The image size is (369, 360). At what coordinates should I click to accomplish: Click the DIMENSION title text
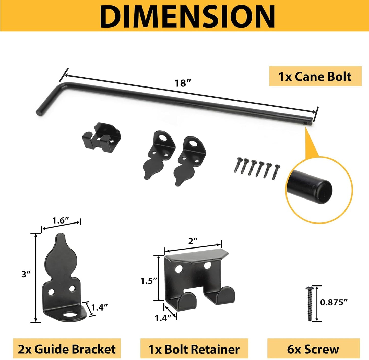click(x=187, y=16)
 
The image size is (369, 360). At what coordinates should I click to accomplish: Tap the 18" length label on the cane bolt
click(x=183, y=83)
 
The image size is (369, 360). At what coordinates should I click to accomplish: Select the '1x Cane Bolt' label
click(x=315, y=77)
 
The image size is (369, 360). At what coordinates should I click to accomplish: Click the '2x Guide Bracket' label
click(x=67, y=349)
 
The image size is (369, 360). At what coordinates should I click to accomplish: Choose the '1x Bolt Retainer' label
click(x=194, y=349)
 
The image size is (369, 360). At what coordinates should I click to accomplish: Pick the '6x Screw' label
click(x=313, y=349)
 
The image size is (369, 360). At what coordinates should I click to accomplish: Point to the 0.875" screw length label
click(x=334, y=302)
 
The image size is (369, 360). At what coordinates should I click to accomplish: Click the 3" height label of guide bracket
click(x=26, y=274)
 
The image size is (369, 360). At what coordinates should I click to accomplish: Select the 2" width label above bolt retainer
click(x=193, y=241)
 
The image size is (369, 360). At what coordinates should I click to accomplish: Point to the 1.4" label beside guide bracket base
click(x=100, y=307)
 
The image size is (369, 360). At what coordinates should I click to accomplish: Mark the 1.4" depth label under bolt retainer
click(x=163, y=318)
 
